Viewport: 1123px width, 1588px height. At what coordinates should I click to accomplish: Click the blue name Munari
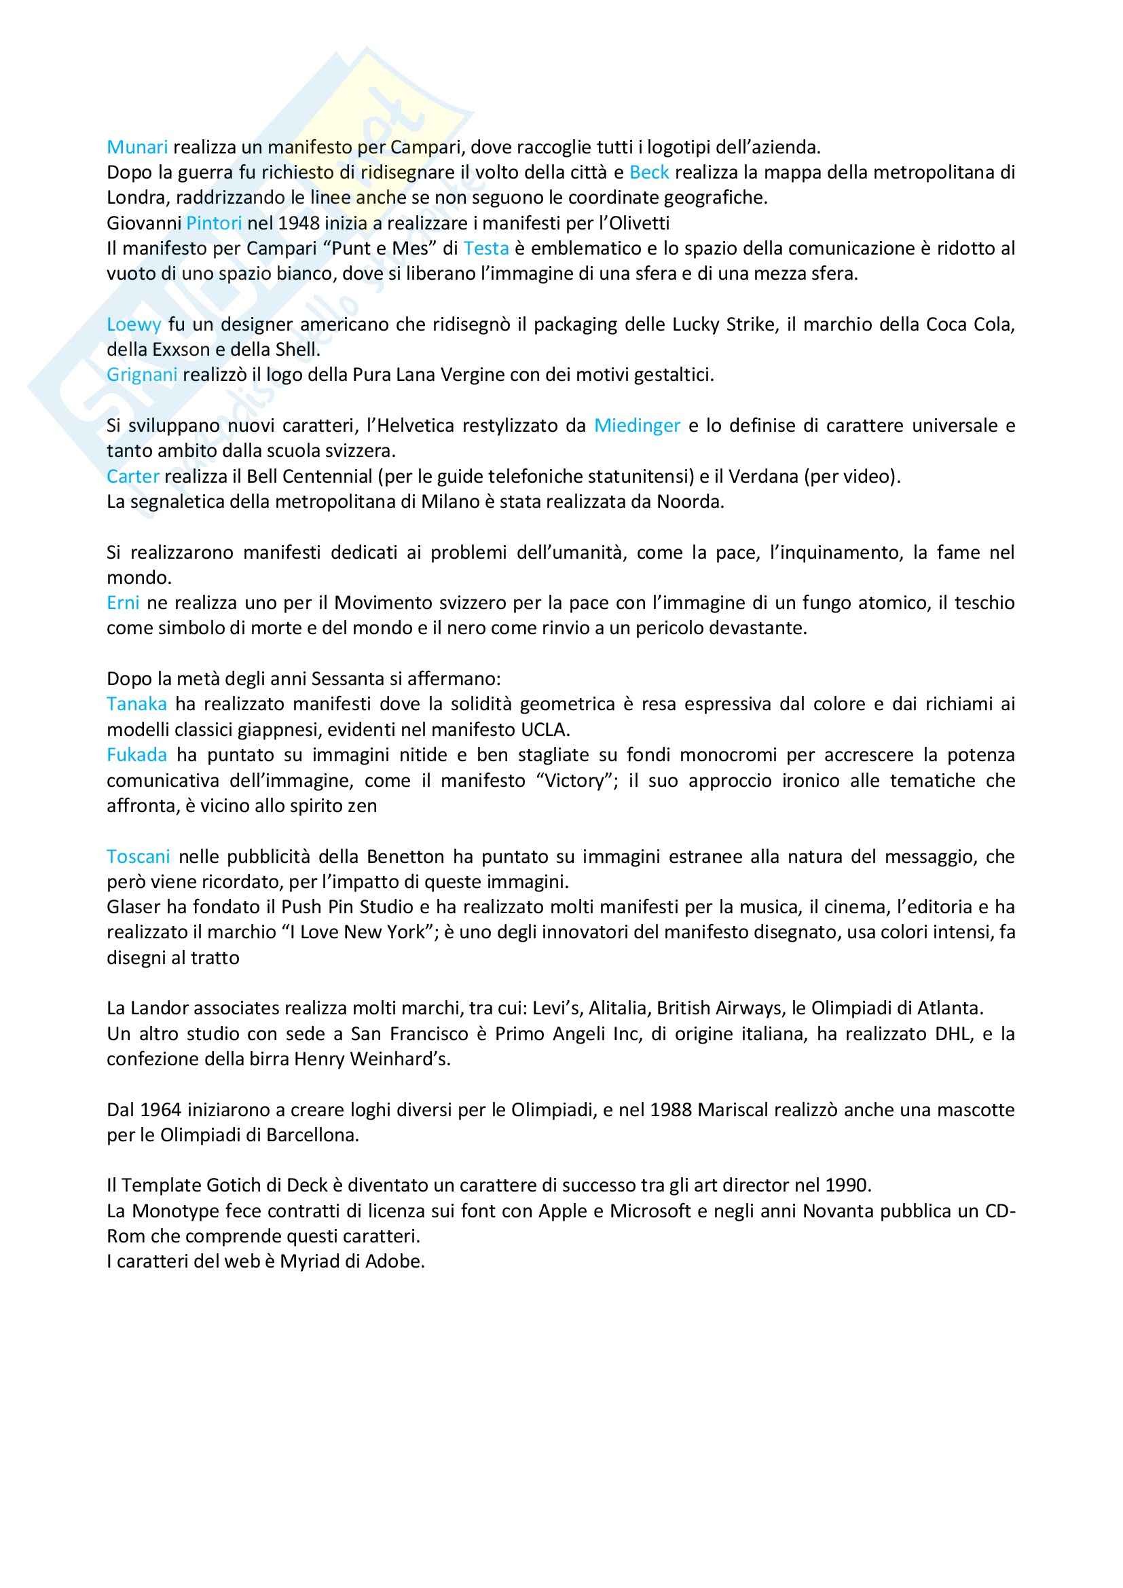pyautogui.click(x=137, y=147)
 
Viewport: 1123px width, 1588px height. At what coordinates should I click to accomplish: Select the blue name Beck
pyautogui.click(x=648, y=172)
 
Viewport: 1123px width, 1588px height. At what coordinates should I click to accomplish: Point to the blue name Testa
pyautogui.click(x=486, y=248)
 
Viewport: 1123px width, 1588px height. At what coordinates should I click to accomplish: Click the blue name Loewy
pyautogui.click(x=134, y=325)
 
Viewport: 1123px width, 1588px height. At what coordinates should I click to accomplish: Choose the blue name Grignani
pyautogui.click(x=142, y=375)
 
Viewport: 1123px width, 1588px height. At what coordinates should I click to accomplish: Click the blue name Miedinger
pyautogui.click(x=637, y=426)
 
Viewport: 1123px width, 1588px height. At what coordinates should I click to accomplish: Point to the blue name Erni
pyautogui.click(x=123, y=603)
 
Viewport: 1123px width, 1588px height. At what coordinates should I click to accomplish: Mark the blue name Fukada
pyautogui.click(x=136, y=754)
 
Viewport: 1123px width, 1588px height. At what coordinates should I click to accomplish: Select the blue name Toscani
pyautogui.click(x=139, y=857)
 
